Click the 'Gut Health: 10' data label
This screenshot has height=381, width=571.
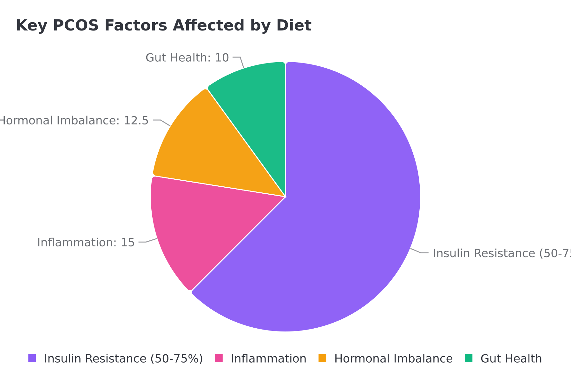[x=187, y=58]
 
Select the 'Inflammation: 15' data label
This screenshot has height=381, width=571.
[x=86, y=243]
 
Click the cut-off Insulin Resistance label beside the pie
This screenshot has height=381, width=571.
[x=501, y=253]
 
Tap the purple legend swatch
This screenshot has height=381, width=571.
[x=32, y=358]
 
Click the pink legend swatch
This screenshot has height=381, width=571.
[x=219, y=358]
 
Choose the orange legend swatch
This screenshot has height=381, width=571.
[x=322, y=358]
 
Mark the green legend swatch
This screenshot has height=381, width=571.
[x=469, y=358]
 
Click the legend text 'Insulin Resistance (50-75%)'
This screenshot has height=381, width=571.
[x=123, y=359]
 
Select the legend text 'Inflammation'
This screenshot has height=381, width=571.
[x=268, y=359]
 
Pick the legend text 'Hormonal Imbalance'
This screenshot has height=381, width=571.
[x=393, y=359]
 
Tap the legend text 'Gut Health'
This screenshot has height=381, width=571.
[x=511, y=359]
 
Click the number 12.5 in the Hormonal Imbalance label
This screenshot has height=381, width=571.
[x=136, y=121]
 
